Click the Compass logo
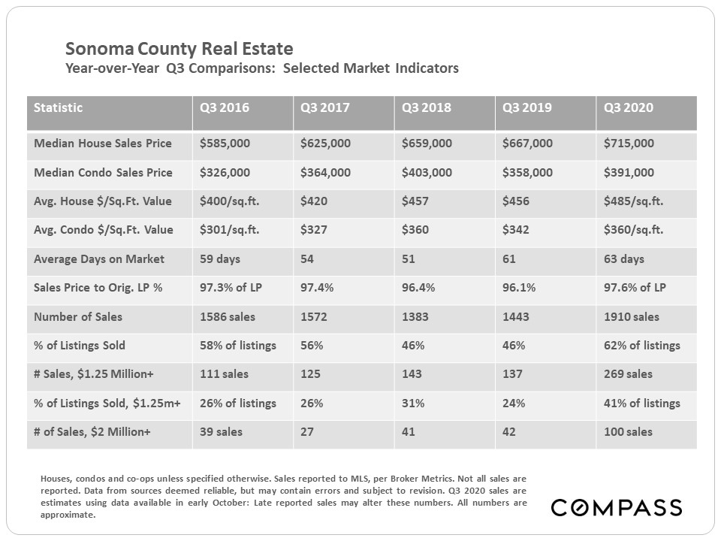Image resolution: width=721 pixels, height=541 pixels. (x=616, y=507)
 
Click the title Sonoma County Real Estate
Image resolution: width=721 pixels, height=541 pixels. (x=179, y=50)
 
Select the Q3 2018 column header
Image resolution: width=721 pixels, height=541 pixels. (x=427, y=107)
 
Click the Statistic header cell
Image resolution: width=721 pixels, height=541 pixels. (x=59, y=107)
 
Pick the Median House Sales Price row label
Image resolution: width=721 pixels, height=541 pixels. (x=103, y=144)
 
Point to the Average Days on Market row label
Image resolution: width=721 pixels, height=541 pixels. (x=99, y=259)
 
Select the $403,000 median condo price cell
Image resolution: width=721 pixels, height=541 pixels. (x=427, y=173)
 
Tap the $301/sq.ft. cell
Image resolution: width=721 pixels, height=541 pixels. (x=229, y=230)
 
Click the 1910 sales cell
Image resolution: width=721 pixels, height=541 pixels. (x=632, y=317)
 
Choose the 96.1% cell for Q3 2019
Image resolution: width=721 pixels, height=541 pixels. (x=518, y=288)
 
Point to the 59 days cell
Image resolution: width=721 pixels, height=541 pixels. (x=220, y=259)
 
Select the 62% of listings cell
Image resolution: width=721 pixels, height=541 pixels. (x=642, y=346)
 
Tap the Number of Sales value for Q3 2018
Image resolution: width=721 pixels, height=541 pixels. (x=415, y=317)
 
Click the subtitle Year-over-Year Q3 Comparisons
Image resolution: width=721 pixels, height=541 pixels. (x=262, y=69)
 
